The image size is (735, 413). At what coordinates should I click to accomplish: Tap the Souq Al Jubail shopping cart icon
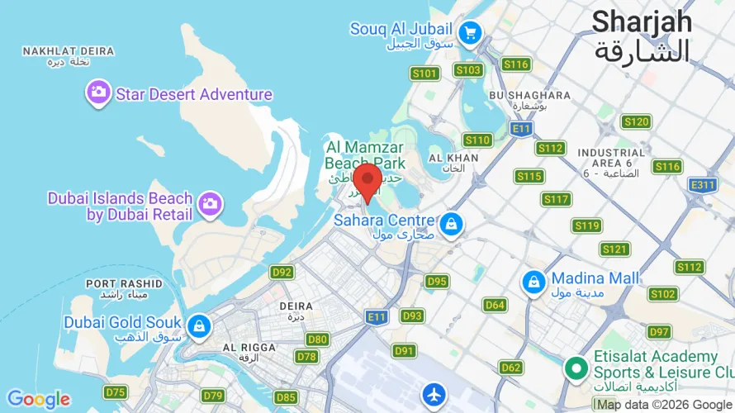coord(471,33)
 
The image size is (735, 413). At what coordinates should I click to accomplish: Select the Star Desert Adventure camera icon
coord(98,93)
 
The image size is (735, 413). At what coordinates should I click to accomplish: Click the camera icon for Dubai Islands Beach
coord(210,202)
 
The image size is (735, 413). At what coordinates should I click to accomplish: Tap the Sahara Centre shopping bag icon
coord(450,222)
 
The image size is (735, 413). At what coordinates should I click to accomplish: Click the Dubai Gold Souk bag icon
coord(198,325)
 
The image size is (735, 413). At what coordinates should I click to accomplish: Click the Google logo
coord(39,400)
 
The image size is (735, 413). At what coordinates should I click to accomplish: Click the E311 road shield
coord(702,185)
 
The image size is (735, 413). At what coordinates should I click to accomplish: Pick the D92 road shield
coord(282,272)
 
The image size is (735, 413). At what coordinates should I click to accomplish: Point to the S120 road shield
coord(636,122)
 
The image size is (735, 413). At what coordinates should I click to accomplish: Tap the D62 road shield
coord(511,368)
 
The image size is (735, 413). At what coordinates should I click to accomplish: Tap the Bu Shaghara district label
coord(529,96)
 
